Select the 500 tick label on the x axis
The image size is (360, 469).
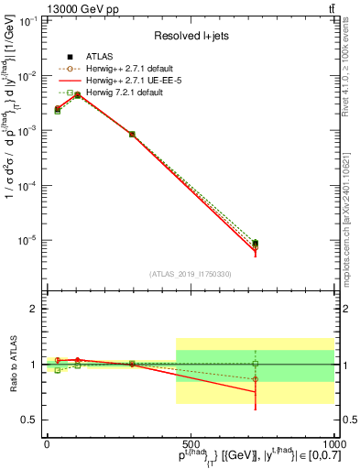190,443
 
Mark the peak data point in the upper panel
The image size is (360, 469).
77,94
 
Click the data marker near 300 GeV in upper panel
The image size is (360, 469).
132,135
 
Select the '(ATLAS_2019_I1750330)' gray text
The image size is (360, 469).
190,274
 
